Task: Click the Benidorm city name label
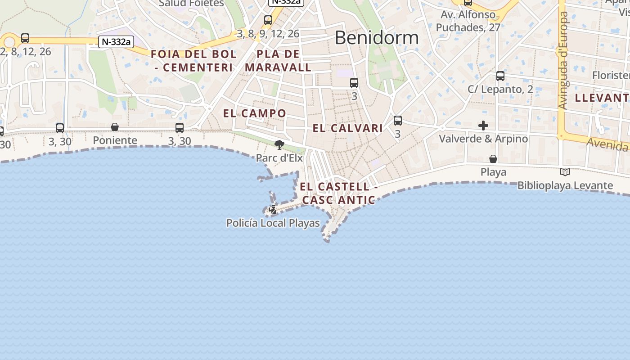tap(377, 37)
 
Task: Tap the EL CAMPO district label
tap(255, 113)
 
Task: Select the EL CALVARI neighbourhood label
tap(348, 128)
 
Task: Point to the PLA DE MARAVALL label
tap(278, 61)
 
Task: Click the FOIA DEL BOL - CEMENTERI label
tap(193, 61)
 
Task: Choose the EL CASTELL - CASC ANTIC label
tap(338, 193)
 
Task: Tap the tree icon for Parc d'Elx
tap(279, 145)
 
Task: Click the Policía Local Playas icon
tap(272, 209)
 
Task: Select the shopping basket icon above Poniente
tap(115, 127)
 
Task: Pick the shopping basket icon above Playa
tap(493, 159)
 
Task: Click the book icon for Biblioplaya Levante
tap(565, 172)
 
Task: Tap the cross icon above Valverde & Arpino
tap(483, 126)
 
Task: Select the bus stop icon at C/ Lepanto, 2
tap(500, 76)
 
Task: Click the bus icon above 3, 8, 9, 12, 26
tap(268, 20)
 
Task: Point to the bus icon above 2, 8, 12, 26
tap(25, 38)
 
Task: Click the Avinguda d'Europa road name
tap(563, 60)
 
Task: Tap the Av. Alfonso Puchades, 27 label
tap(468, 21)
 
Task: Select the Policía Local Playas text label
tap(273, 223)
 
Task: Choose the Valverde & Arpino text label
tap(483, 139)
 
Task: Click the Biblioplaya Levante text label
tap(565, 185)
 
